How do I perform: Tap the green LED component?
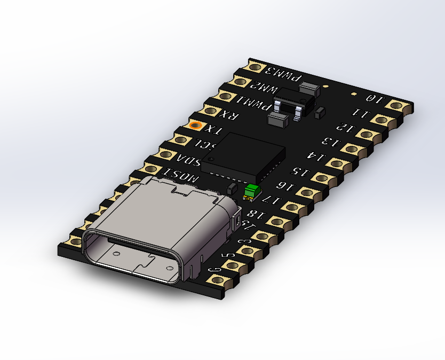251,190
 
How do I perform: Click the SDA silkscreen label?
190,160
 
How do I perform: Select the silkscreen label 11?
361,113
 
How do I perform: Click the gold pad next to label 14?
351,149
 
